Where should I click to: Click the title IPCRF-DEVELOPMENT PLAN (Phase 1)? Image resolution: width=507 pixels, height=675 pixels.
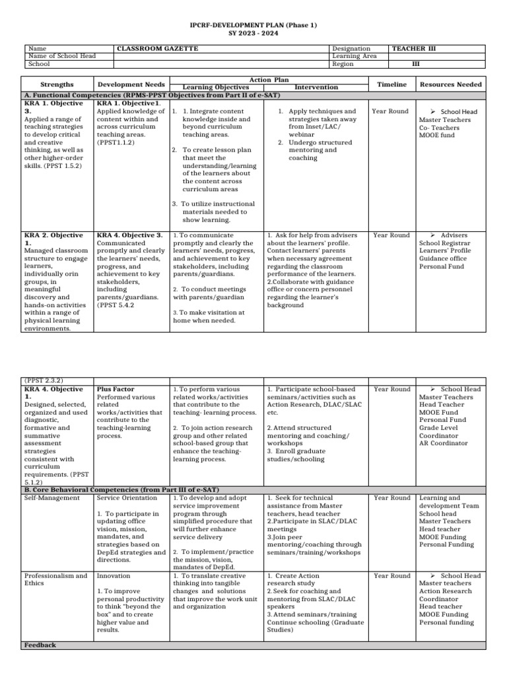[x=253, y=25]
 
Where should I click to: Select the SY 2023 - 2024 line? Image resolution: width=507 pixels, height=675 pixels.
[x=253, y=33]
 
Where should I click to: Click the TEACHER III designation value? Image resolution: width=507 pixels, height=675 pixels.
[x=413, y=49]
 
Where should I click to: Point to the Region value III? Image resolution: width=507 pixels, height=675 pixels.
[x=416, y=65]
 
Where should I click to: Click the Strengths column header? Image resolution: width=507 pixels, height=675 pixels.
[x=57, y=84]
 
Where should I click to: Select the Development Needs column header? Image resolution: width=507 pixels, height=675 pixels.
[x=131, y=84]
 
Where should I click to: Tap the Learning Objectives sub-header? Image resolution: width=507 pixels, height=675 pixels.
[x=215, y=88]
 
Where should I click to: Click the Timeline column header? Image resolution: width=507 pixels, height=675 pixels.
[x=391, y=84]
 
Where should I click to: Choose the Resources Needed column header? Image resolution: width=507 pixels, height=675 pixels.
[x=451, y=84]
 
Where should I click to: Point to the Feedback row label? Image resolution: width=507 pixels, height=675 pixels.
[x=40, y=645]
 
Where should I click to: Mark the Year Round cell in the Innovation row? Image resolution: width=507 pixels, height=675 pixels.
[x=391, y=575]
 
